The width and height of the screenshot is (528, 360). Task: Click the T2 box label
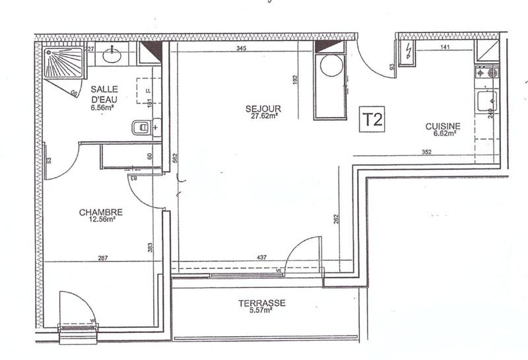click(372, 120)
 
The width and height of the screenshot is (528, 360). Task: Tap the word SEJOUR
click(263, 108)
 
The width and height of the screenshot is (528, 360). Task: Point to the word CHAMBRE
click(101, 212)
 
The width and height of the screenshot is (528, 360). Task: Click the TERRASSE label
click(262, 303)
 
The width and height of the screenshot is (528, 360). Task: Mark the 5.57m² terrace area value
click(262, 311)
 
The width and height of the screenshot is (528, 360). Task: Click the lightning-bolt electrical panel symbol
click(409, 50)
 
